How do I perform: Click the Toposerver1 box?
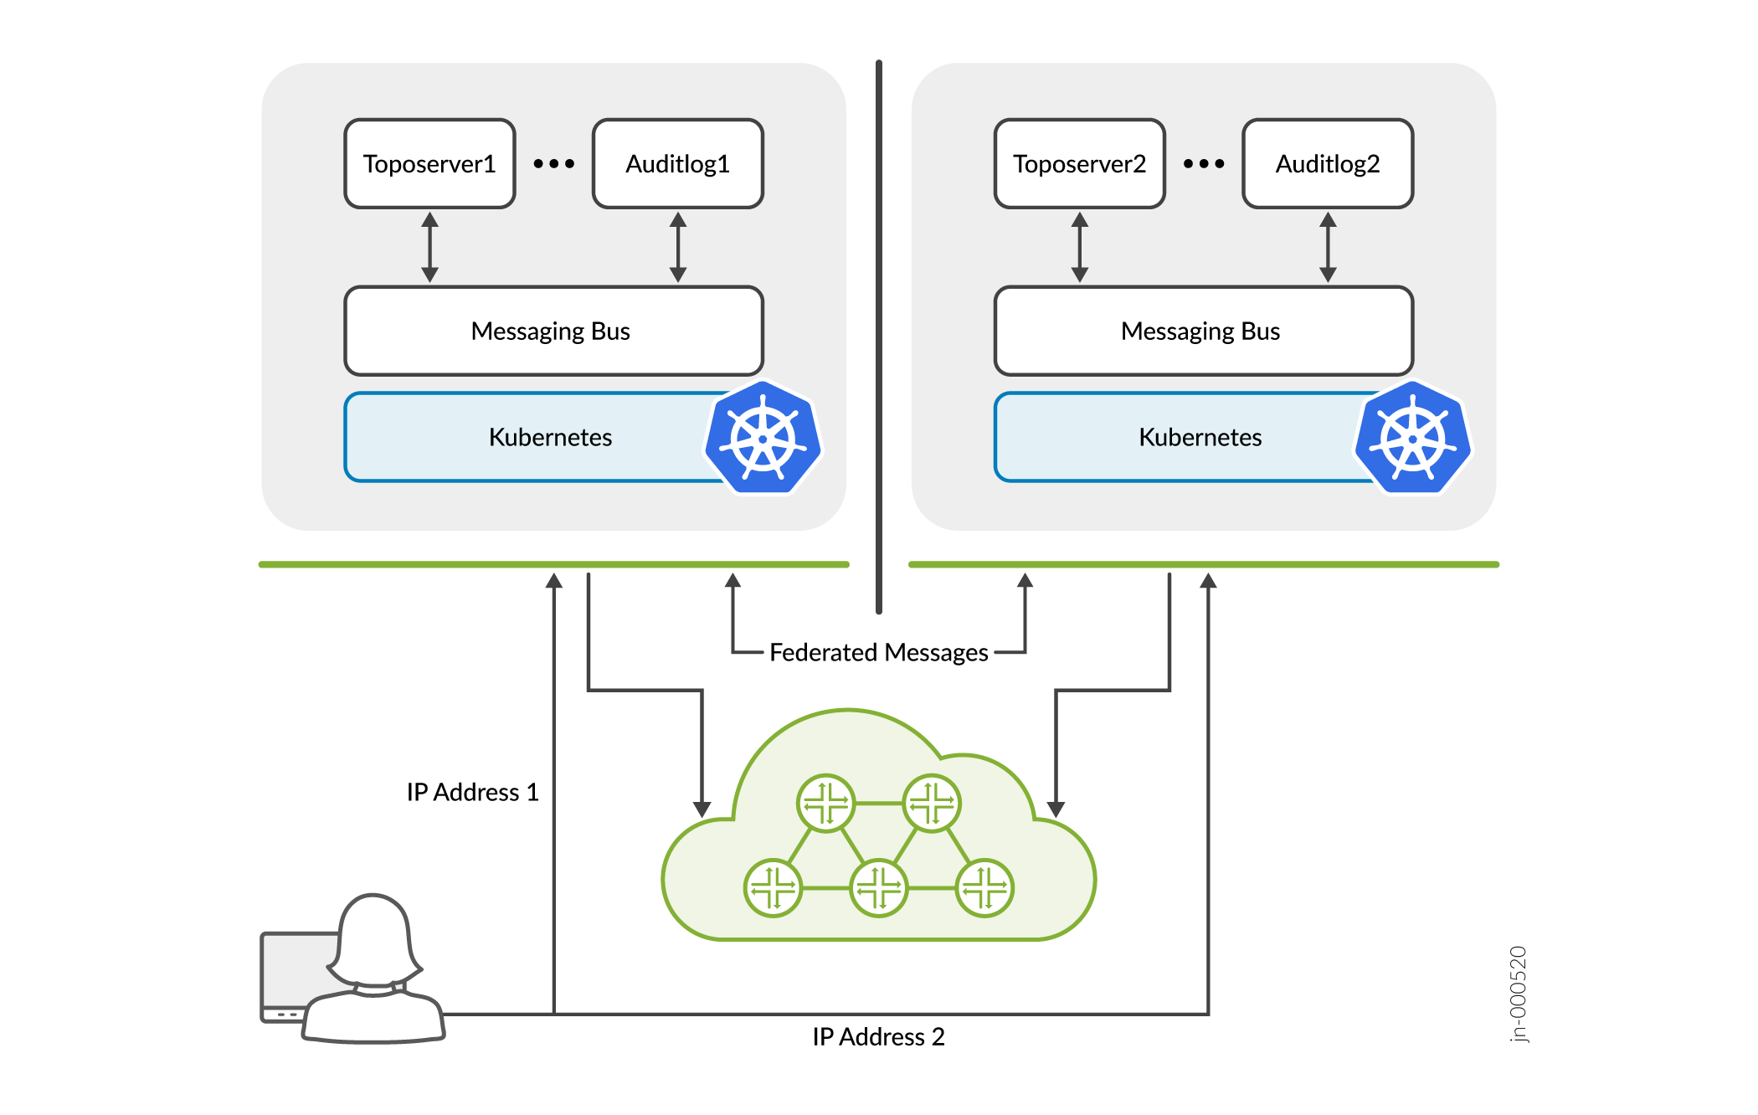[429, 164]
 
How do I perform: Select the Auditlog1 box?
[677, 164]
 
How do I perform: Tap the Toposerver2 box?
[1079, 164]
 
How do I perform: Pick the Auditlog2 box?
[1328, 164]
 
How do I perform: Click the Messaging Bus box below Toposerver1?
[553, 331]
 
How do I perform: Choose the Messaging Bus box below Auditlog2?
[1203, 331]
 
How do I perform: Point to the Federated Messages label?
[878, 652]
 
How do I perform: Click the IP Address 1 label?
[472, 792]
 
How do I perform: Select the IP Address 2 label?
[878, 1036]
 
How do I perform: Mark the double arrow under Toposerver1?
[429, 247]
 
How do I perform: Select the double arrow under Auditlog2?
[1328, 247]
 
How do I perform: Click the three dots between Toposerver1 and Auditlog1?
[553, 164]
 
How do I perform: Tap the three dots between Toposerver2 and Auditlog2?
[1203, 164]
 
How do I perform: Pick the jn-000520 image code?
[1518, 994]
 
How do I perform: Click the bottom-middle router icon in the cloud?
[878, 887]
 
